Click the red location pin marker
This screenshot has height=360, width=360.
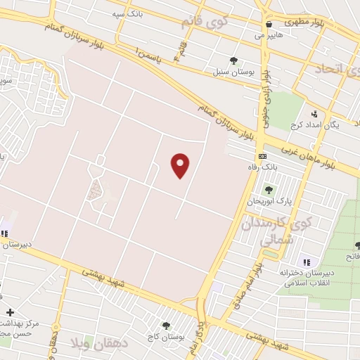(x=181, y=165)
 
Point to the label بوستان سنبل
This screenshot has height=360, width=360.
(x=233, y=72)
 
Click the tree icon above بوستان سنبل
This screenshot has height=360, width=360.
(x=233, y=61)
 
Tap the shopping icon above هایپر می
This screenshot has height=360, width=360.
(x=269, y=24)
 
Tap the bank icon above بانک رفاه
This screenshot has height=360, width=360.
(x=262, y=156)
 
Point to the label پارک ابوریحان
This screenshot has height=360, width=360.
(x=268, y=201)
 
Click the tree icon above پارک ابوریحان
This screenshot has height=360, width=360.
(x=268, y=189)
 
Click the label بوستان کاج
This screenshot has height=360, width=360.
(x=167, y=337)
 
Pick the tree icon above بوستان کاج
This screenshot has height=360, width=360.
(x=166, y=326)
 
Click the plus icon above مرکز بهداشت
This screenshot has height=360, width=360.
(x=9, y=312)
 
